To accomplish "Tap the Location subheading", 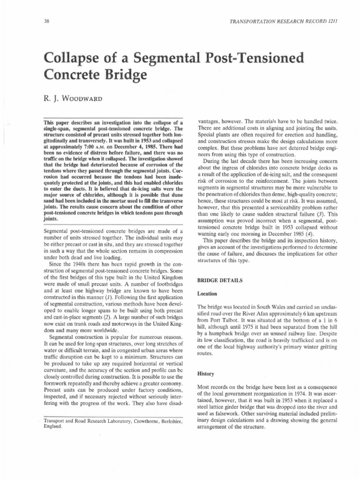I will [x=206, y=294].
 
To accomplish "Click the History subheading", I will [x=205, y=374].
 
